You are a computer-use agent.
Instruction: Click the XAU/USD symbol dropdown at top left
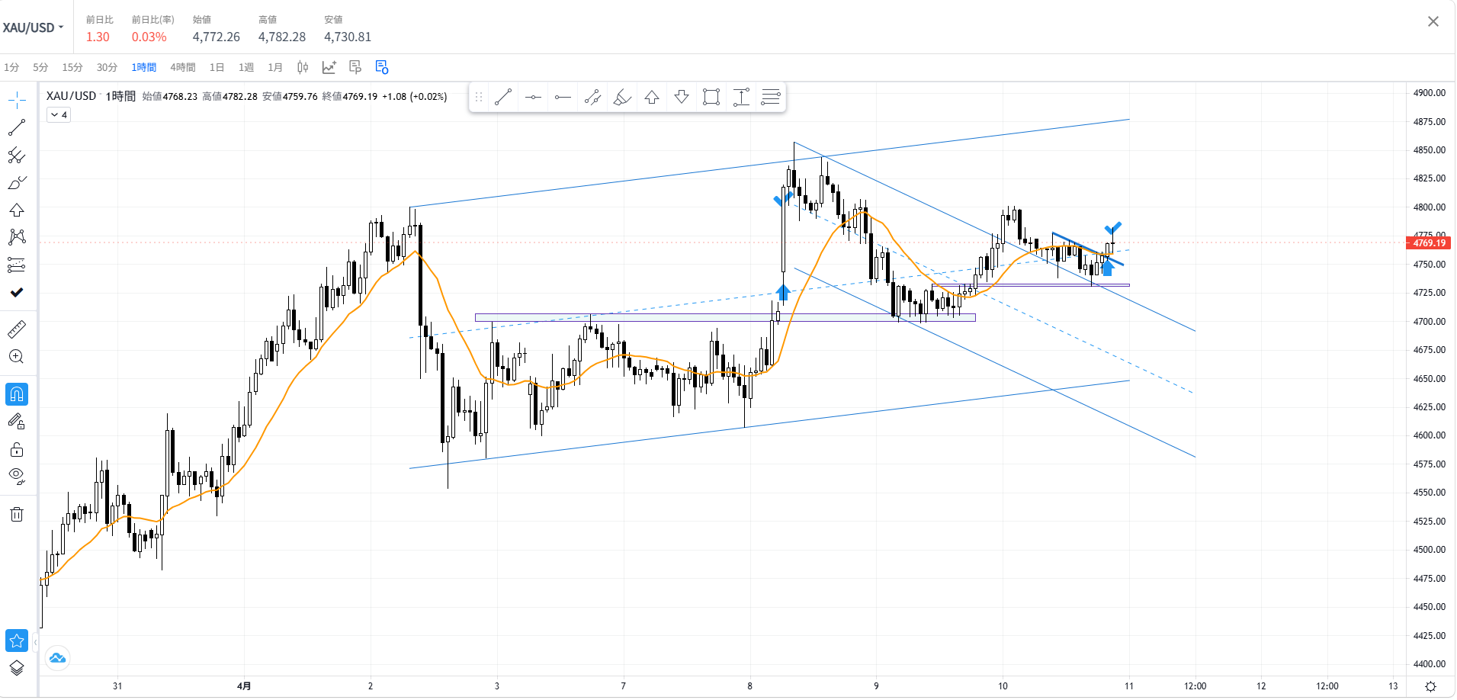(33, 28)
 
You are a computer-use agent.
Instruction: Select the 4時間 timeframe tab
(182, 68)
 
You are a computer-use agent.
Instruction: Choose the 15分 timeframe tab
(72, 68)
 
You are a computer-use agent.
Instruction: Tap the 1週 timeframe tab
(246, 68)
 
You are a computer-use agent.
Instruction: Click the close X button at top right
(1433, 21)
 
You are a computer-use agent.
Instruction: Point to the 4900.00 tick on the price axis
(1429, 93)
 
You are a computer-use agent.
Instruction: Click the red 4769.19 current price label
(1428, 243)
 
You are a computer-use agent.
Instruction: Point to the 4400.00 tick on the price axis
(1429, 664)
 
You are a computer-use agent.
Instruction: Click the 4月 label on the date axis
(244, 686)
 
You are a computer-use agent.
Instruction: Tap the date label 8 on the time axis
(749, 686)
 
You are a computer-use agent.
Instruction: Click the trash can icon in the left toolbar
(17, 515)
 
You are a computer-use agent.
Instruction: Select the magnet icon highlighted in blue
(17, 394)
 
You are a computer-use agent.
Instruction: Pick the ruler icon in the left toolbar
(17, 329)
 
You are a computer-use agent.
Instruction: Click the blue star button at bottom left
(17, 641)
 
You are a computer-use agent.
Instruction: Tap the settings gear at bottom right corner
(1430, 686)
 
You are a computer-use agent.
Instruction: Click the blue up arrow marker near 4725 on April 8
(783, 293)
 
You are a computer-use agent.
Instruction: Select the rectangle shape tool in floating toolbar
(711, 98)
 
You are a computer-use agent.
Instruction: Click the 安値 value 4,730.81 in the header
(347, 37)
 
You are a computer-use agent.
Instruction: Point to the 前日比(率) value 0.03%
(149, 37)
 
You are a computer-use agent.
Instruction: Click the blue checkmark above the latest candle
(1113, 228)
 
